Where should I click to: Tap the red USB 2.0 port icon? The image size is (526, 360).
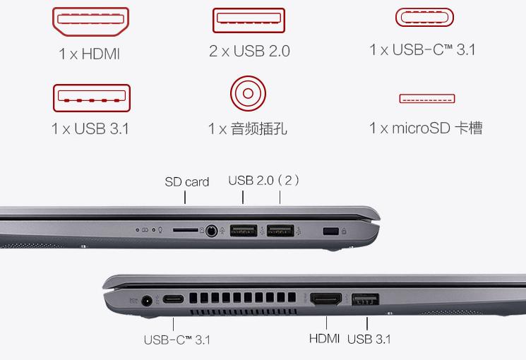coord(249,20)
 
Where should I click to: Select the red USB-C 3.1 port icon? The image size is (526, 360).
coord(424,18)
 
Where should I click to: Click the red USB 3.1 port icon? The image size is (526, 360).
coord(91,98)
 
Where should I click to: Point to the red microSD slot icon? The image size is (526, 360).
coord(426,99)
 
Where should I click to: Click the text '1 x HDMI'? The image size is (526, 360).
coord(90,54)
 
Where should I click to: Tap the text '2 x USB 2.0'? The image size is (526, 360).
coord(249,51)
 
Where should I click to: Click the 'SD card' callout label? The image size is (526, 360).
coord(186,181)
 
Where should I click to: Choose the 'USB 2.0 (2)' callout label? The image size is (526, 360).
coord(264,180)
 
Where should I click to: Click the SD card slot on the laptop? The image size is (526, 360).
coord(186,229)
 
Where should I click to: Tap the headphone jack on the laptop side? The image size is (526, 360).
coord(210,229)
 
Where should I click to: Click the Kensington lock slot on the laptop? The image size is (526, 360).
coord(328,230)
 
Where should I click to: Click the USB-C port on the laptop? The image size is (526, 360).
coord(175,299)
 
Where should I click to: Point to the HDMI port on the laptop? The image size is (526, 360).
coord(325,299)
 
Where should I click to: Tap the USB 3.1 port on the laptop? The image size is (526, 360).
coord(365,299)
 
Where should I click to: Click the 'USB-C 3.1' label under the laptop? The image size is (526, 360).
coord(177,340)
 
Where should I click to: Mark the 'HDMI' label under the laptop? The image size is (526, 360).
coord(324,339)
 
